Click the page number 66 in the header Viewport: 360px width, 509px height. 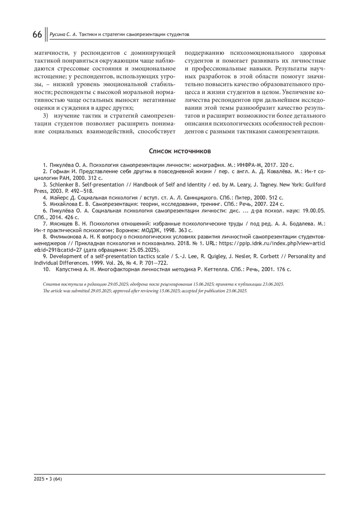click(x=37, y=34)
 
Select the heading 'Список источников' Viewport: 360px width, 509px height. click(x=180, y=151)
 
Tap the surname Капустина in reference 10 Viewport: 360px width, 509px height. click(x=68, y=269)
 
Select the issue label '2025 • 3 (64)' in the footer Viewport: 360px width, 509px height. click(x=48, y=479)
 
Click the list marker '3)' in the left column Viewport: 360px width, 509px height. click(x=46, y=116)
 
